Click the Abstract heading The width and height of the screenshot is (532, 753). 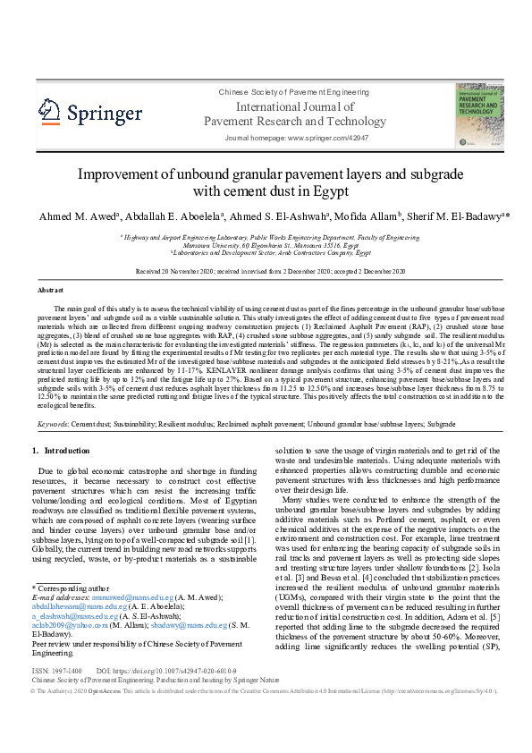pos(50,291)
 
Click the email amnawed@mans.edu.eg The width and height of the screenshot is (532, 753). pos(118,596)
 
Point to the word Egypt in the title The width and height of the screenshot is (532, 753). pos(325,190)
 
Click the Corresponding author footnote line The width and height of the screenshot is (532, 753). pos(68,587)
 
